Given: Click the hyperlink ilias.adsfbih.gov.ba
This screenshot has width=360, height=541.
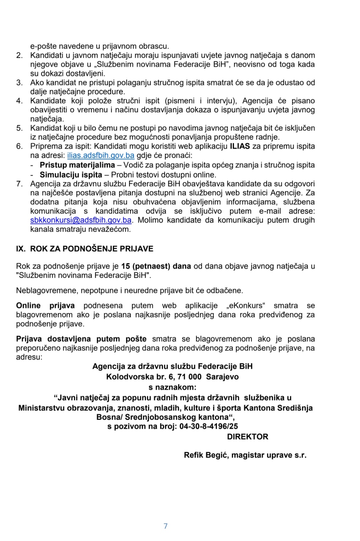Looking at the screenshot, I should (x=101, y=156).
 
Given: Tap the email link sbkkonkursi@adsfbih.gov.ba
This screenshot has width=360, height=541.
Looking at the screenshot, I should (x=81, y=220).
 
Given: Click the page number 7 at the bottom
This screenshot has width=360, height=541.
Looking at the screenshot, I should (x=166, y=526).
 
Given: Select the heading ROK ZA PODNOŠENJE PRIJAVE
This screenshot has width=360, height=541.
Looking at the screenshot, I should (x=92, y=249).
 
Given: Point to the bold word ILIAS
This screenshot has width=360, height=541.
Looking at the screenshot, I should (x=240, y=146).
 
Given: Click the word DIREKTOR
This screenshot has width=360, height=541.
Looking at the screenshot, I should (x=247, y=437).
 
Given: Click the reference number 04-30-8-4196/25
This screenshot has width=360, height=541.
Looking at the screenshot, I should (x=209, y=426).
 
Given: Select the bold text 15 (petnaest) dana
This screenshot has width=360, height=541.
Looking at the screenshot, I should (x=156, y=266).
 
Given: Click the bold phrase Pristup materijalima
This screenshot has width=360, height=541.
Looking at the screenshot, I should (x=77, y=165).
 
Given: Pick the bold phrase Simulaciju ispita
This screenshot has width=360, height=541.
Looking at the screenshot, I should (x=71, y=175).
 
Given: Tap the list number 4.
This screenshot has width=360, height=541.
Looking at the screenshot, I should (x=19, y=101).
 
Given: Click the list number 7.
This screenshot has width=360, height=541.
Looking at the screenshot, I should (x=19, y=184).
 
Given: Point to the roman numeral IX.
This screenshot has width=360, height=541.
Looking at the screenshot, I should (x=21, y=249).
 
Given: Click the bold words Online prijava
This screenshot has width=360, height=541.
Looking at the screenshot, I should (x=45, y=306).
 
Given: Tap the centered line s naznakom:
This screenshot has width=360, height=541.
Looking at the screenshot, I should (x=172, y=387).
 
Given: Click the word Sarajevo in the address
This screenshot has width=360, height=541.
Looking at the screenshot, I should (x=222, y=377).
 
